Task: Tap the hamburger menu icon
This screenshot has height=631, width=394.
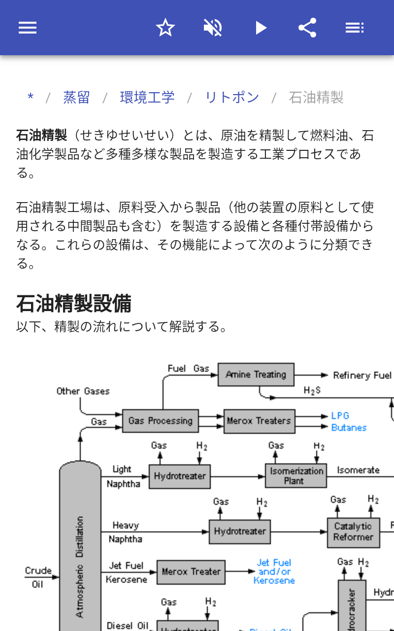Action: (28, 28)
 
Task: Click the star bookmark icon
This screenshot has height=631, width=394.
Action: (165, 28)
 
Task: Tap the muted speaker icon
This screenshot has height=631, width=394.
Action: (213, 28)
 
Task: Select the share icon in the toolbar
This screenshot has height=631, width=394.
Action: (307, 28)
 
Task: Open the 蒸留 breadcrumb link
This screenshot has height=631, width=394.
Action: (76, 98)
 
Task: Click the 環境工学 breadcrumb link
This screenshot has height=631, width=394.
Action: (147, 98)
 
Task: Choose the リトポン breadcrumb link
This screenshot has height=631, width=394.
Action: (231, 98)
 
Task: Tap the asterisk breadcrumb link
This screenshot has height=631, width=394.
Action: (31, 98)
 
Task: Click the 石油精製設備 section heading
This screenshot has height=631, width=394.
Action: (74, 304)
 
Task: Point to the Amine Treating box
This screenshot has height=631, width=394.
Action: (256, 375)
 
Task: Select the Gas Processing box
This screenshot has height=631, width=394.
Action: (160, 421)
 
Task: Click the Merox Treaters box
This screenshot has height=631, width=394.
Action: (259, 421)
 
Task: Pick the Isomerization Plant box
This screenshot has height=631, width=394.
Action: (295, 476)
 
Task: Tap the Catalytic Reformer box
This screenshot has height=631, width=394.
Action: (353, 532)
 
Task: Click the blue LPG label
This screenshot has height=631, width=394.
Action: (340, 416)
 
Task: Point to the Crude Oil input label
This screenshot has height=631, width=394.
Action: (38, 577)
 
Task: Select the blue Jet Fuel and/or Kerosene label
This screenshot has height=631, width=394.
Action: (274, 571)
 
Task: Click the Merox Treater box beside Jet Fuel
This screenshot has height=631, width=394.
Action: (191, 572)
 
